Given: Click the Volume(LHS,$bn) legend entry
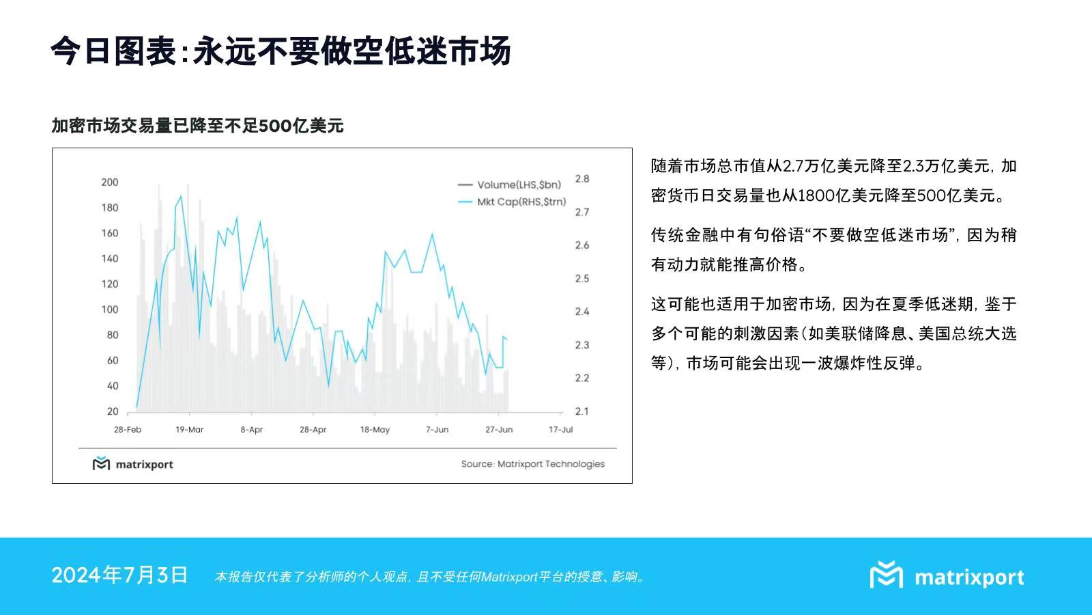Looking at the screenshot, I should pyautogui.click(x=519, y=184).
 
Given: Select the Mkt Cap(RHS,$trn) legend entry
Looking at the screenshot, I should pyautogui.click(x=521, y=202).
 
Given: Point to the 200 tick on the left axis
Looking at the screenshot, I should pyautogui.click(x=109, y=182).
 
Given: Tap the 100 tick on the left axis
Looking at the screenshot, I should pyautogui.click(x=109, y=310).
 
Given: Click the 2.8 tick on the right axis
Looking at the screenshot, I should pyautogui.click(x=581, y=178).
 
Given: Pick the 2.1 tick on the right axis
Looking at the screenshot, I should pyautogui.click(x=581, y=411).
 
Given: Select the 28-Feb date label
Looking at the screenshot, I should pyautogui.click(x=128, y=430).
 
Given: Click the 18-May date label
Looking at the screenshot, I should pyautogui.click(x=375, y=430).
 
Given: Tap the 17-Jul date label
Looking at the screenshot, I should pyautogui.click(x=560, y=430).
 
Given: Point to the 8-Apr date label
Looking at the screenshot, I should pyautogui.click(x=251, y=430).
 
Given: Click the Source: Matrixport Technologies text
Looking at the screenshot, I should pyautogui.click(x=532, y=464).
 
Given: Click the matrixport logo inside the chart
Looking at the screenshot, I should pyautogui.click(x=133, y=464).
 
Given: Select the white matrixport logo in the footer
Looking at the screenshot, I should pyautogui.click(x=947, y=576).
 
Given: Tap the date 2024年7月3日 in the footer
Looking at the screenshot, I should pyautogui.click(x=119, y=575).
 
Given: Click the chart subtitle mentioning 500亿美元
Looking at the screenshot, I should pyautogui.click(x=197, y=126).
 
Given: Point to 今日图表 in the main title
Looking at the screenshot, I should pyautogui.click(x=113, y=51).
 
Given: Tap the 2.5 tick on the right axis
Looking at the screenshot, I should pyautogui.click(x=581, y=278).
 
